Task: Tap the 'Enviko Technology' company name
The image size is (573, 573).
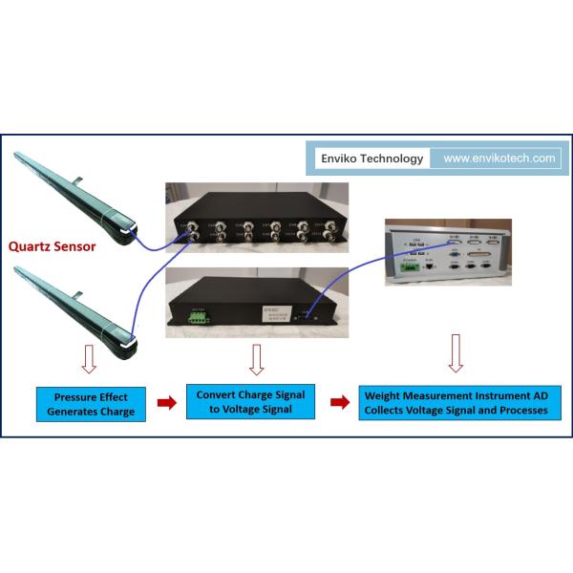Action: tap(371, 159)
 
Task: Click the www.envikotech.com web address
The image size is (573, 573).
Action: tap(499, 159)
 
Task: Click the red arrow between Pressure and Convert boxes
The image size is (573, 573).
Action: tap(165, 402)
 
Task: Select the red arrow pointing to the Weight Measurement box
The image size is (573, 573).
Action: tap(338, 402)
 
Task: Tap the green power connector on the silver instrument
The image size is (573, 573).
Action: tap(411, 266)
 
